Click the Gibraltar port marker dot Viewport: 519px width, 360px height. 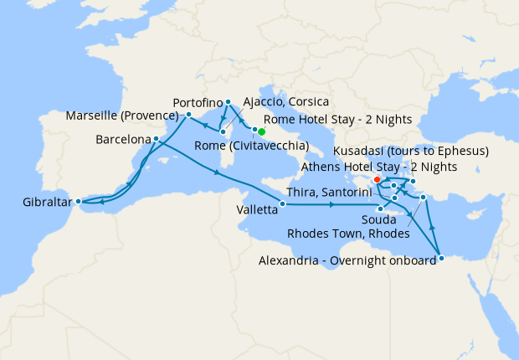(x=78, y=201)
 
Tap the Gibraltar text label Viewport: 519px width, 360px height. (x=40, y=202)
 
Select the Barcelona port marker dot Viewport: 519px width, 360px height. (x=157, y=138)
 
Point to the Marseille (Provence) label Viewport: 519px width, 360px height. (x=124, y=116)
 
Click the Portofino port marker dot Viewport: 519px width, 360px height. (x=228, y=101)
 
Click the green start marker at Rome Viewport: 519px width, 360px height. (x=261, y=131)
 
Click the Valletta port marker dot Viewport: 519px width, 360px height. (x=283, y=204)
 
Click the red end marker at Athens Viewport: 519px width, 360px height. (x=378, y=179)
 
